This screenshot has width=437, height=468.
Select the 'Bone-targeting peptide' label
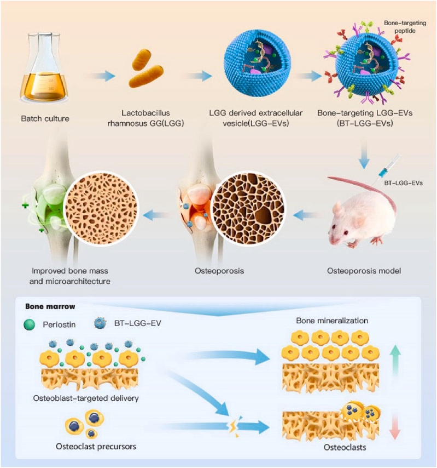point(405,27)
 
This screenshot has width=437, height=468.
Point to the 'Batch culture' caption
point(45,118)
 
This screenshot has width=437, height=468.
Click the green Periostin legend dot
point(29,324)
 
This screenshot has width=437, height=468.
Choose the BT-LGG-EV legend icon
point(101,323)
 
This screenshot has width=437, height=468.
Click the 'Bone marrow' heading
point(50,306)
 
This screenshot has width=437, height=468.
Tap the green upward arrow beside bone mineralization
point(395,361)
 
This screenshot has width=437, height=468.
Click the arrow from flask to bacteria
point(102,76)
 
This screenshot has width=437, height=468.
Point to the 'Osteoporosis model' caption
point(364,271)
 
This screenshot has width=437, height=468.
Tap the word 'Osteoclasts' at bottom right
point(345,447)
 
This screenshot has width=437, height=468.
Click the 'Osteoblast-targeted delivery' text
point(86,398)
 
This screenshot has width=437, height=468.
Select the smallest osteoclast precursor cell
point(91,433)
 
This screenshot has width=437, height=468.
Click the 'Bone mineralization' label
point(332,321)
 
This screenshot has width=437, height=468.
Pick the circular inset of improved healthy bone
point(101,208)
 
